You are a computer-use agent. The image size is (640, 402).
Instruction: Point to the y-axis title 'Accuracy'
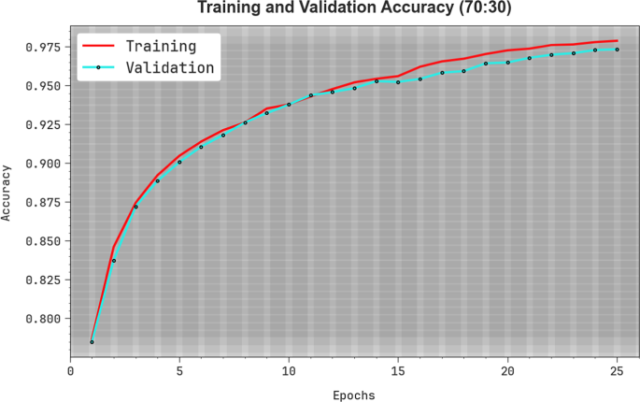[7, 193]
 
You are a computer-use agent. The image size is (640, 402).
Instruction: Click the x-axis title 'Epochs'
[353, 395]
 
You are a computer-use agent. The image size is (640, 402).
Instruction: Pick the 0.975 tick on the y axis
[43, 47]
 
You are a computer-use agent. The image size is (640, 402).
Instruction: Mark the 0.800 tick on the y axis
[43, 319]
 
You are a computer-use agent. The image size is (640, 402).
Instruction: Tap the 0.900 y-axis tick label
[43, 164]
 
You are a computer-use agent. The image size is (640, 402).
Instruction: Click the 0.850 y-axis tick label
[43, 241]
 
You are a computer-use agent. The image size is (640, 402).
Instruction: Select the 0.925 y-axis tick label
[43, 124]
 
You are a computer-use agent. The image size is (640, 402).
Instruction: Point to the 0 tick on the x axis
[70, 371]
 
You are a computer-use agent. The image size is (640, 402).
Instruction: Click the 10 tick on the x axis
[289, 371]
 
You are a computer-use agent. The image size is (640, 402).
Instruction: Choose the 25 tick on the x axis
[617, 371]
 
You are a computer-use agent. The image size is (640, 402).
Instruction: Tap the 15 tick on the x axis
[398, 371]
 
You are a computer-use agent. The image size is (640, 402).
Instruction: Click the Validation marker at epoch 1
[92, 342]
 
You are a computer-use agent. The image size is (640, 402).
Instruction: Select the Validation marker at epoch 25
[617, 50]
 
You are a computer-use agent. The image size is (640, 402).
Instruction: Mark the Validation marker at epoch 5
[179, 162]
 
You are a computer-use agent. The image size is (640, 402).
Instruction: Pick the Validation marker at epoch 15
[398, 82]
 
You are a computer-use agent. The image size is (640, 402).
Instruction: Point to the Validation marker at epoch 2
[114, 261]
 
